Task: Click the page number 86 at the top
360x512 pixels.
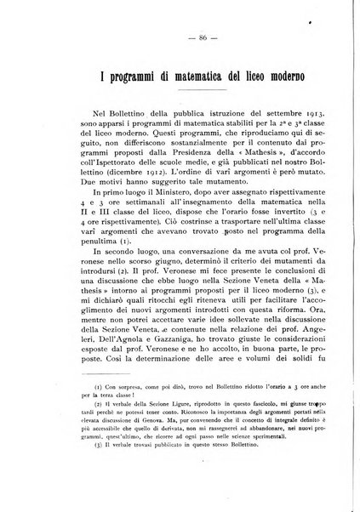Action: (x=180, y=38)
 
